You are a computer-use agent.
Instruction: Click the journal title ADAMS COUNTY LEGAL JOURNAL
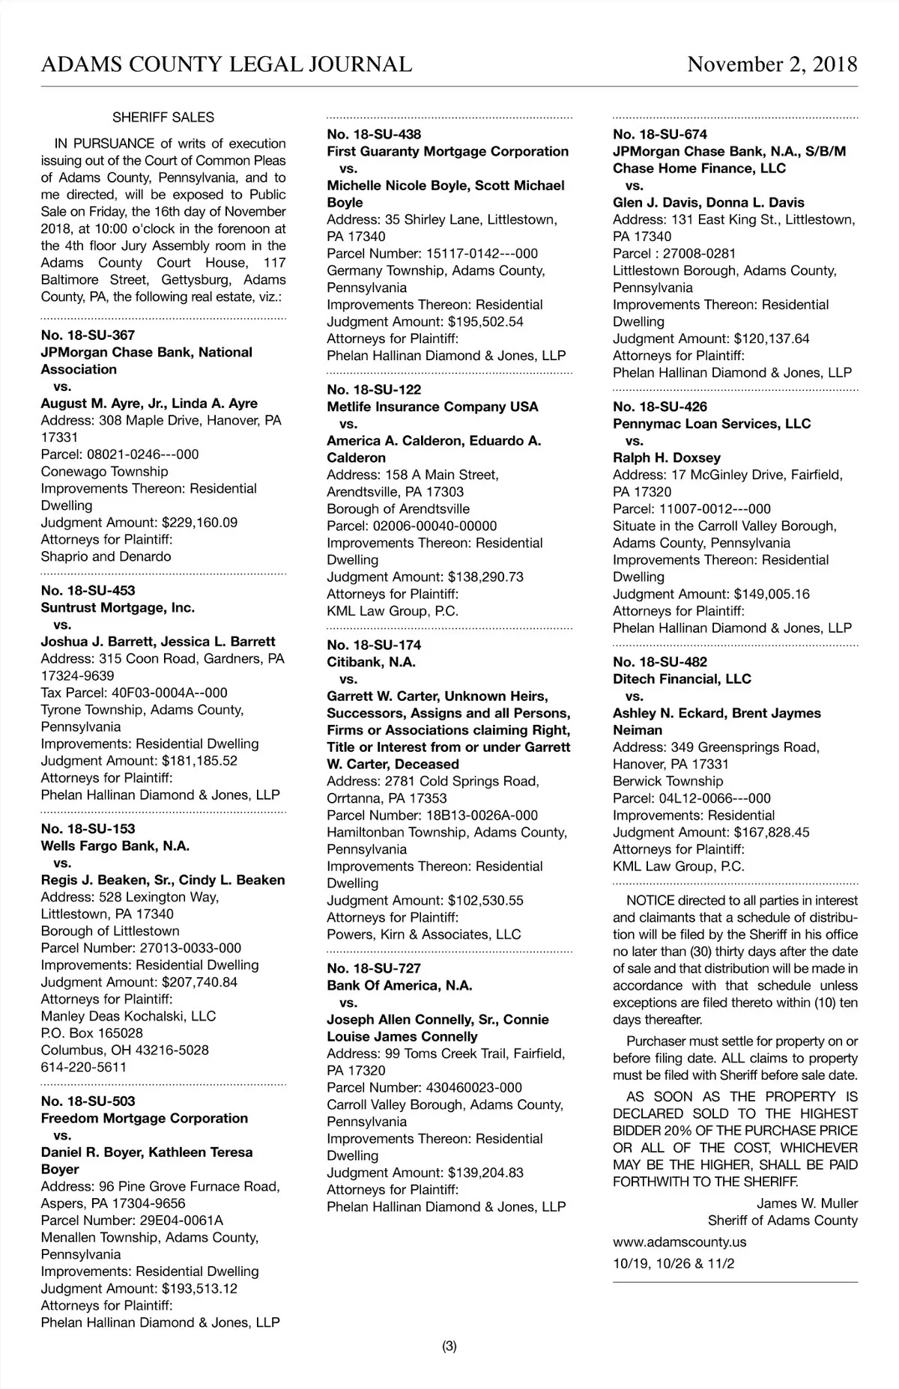pyautogui.click(x=226, y=64)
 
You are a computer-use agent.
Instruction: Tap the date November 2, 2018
pyautogui.click(x=772, y=64)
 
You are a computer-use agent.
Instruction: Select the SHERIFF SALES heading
pyautogui.click(x=163, y=118)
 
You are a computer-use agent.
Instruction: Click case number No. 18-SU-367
pyautogui.click(x=88, y=335)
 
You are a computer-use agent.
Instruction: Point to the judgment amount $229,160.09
pyautogui.click(x=199, y=523)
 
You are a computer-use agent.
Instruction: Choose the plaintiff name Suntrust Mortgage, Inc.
pyautogui.click(x=118, y=607)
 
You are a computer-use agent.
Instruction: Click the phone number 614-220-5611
pyautogui.click(x=84, y=1067)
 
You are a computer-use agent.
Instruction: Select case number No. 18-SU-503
pyautogui.click(x=88, y=1101)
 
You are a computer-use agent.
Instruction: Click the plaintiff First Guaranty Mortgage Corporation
pyautogui.click(x=448, y=151)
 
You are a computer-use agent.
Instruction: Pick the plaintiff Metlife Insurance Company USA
pyautogui.click(x=432, y=407)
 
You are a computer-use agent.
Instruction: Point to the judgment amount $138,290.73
pyautogui.click(x=485, y=577)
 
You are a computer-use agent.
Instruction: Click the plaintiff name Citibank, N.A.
pyautogui.click(x=371, y=662)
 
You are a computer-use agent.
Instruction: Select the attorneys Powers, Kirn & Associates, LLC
pyautogui.click(x=423, y=934)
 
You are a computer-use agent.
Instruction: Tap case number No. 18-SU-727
pyautogui.click(x=374, y=968)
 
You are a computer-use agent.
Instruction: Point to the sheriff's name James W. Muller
pyautogui.click(x=807, y=1203)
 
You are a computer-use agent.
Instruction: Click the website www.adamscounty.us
pyautogui.click(x=679, y=1241)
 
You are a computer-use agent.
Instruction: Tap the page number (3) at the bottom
pyautogui.click(x=449, y=1346)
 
